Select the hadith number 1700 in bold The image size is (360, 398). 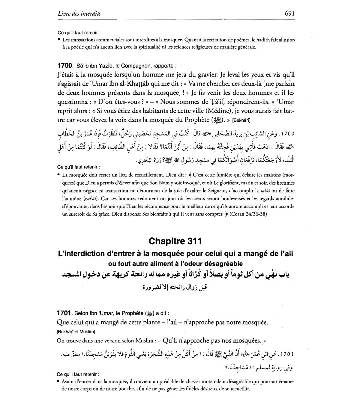pos(65,65)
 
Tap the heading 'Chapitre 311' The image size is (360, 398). pos(175,241)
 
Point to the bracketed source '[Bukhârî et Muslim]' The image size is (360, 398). pos(76,331)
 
